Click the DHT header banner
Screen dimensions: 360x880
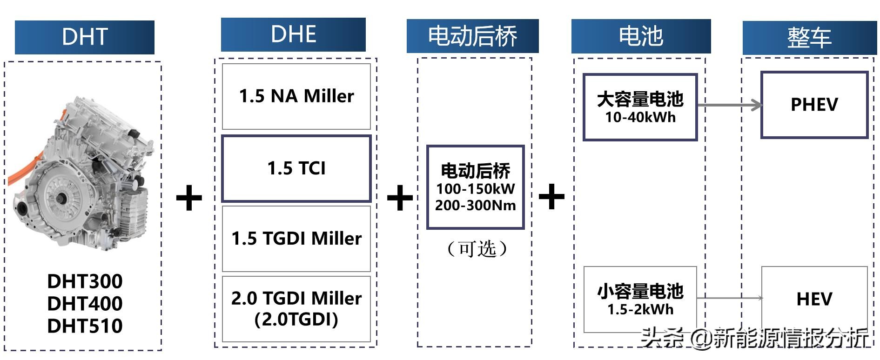click(x=84, y=37)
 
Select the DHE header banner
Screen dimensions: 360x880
click(x=293, y=34)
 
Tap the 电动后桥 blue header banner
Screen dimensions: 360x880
click(x=472, y=36)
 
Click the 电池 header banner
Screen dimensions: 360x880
click(x=641, y=36)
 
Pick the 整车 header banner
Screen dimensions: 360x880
click(x=809, y=38)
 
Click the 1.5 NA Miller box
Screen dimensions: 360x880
click(x=296, y=96)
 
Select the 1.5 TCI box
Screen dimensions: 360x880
click(x=296, y=168)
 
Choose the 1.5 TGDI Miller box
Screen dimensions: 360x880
click(x=296, y=239)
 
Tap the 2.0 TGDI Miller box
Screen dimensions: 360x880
click(x=296, y=308)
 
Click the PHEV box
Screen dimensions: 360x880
click(x=814, y=105)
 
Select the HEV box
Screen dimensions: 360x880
click(x=814, y=299)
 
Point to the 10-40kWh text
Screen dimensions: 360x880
click(x=640, y=117)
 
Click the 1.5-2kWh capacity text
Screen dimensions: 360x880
click(x=640, y=309)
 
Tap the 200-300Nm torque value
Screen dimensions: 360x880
click(x=476, y=206)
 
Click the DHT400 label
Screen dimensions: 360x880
click(x=85, y=304)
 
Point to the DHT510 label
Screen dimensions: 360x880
click(x=85, y=326)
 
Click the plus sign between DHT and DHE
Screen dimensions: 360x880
click(x=189, y=198)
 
